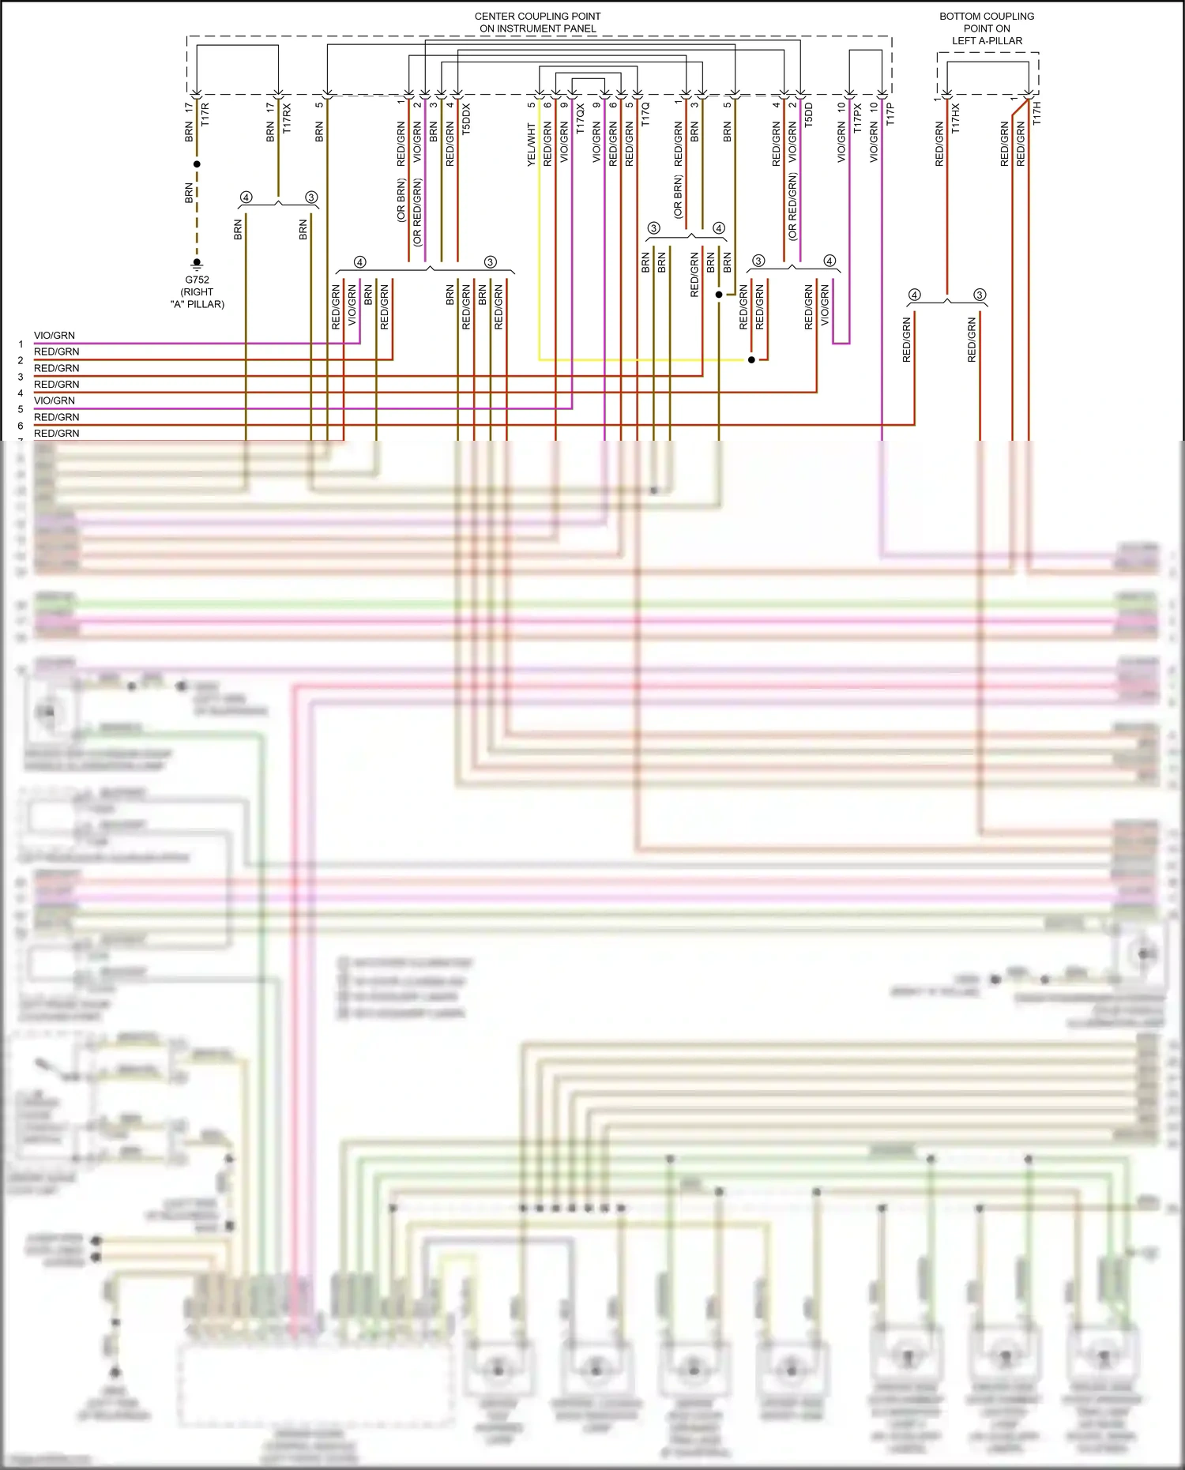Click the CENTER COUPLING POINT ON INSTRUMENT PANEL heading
pyautogui.click(x=537, y=22)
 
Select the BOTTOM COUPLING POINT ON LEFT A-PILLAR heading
pyautogui.click(x=987, y=28)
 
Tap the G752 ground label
pyautogui.click(x=197, y=280)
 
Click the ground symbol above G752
pyautogui.click(x=197, y=264)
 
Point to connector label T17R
pyautogui.click(x=205, y=115)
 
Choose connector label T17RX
pyautogui.click(x=287, y=118)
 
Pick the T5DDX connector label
pyautogui.click(x=466, y=118)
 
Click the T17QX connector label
pyautogui.click(x=581, y=118)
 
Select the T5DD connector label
pyautogui.click(x=808, y=115)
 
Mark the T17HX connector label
pyautogui.click(x=956, y=118)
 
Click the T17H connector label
pyautogui.click(x=1037, y=113)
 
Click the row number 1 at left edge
pyautogui.click(x=21, y=344)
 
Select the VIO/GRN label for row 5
pyautogui.click(x=55, y=400)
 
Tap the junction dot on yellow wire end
pyautogui.click(x=751, y=359)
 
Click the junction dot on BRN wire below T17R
pyautogui.click(x=197, y=164)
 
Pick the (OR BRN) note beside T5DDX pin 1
pyautogui.click(x=401, y=200)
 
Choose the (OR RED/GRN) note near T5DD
pyautogui.click(x=792, y=207)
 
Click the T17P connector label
pyautogui.click(x=890, y=114)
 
